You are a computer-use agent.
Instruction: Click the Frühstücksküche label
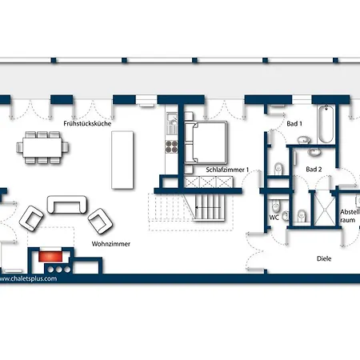coord(87,124)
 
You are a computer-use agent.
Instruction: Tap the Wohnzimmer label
coord(111,244)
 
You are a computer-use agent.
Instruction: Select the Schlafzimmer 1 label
coord(227,170)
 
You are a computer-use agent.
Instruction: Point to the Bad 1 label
coord(294,124)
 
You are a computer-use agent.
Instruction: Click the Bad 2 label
coord(314,170)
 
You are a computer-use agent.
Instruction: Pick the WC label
coord(274,217)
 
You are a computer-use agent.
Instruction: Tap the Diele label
coord(324,258)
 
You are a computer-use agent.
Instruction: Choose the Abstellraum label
coord(350,216)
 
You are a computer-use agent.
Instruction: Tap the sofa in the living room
coord(68,205)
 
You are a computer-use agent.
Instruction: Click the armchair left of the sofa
coord(32,216)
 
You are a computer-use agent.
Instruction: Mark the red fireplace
coord(53,258)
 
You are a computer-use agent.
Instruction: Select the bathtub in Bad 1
coord(325,126)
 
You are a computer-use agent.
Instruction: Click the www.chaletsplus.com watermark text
coord(29,279)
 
